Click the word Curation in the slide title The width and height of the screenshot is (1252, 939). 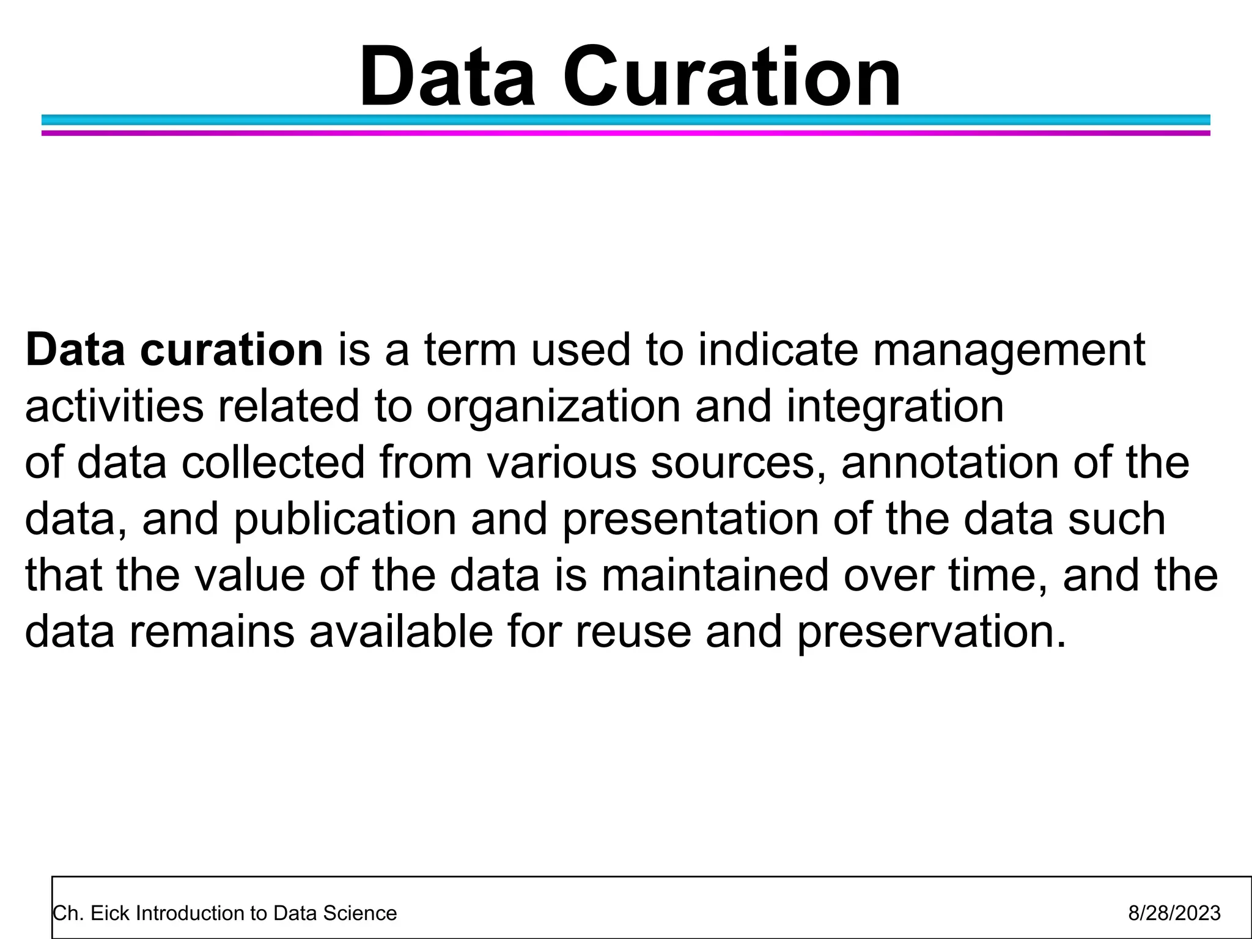pos(731,78)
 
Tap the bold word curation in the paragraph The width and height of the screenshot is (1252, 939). pos(231,350)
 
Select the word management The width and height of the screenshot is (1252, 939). pos(1008,350)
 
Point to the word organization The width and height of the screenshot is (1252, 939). pos(553,407)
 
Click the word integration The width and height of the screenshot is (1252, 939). pos(895,407)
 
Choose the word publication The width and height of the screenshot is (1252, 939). pos(345,519)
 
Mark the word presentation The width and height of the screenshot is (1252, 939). pos(690,519)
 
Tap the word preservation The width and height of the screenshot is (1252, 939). pos(932,632)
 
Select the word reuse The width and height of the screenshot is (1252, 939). pos(633,632)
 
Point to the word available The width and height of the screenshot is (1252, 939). pos(401,632)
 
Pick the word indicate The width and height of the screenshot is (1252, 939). pos(778,350)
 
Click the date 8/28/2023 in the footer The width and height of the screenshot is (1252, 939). pos(1174,913)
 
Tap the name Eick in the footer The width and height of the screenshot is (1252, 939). pos(111,913)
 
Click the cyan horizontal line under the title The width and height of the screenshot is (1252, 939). pos(625,120)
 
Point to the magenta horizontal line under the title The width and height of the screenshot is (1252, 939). pos(625,133)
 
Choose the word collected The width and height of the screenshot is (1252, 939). pos(273,462)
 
